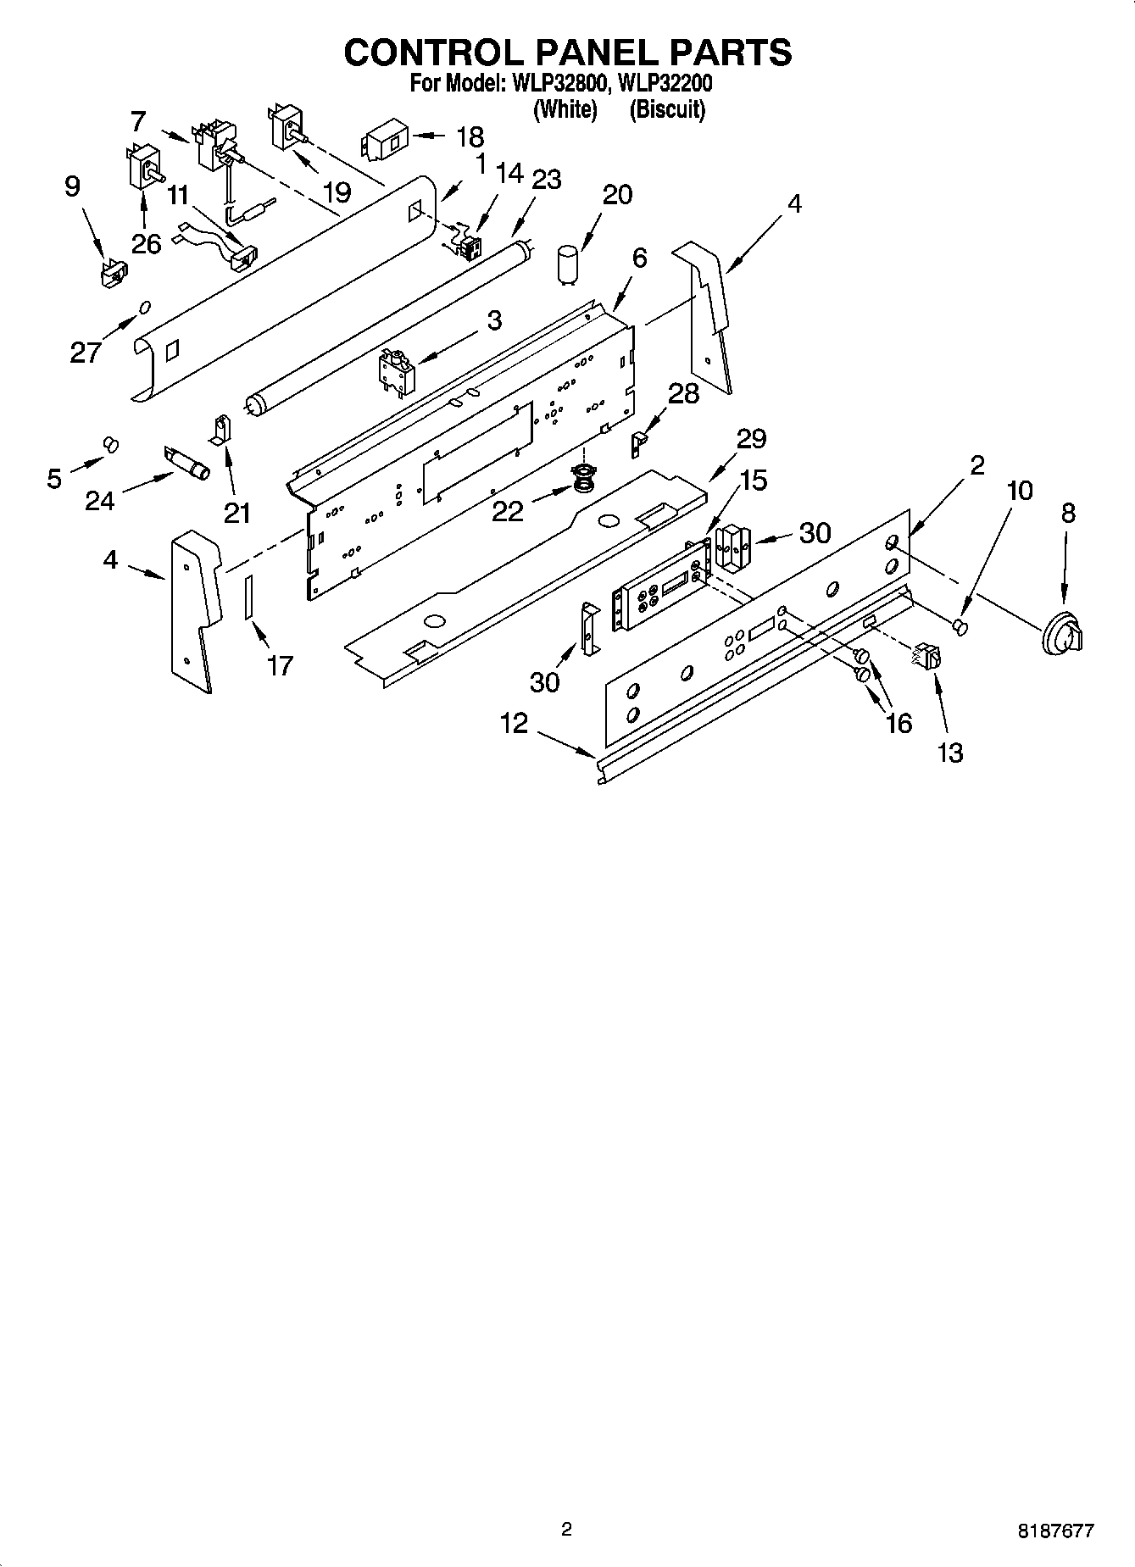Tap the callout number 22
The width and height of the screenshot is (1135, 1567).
pyautogui.click(x=508, y=510)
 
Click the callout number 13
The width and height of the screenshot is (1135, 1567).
pyautogui.click(x=951, y=752)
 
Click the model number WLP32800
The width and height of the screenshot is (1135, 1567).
pyautogui.click(x=559, y=84)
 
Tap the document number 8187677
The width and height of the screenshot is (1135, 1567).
pyautogui.click(x=1055, y=1531)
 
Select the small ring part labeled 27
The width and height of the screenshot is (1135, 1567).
pyautogui.click(x=145, y=306)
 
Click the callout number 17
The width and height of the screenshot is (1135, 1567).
pyautogui.click(x=280, y=665)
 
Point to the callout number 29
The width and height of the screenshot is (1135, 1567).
pyautogui.click(x=751, y=439)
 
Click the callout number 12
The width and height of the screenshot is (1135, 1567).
pyautogui.click(x=514, y=723)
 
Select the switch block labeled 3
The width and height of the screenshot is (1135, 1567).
pyautogui.click(x=395, y=370)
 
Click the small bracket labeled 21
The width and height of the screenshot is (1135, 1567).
pyautogui.click(x=220, y=428)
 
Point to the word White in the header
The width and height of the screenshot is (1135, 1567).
pyautogui.click(x=565, y=109)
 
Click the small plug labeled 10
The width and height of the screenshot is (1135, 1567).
pyautogui.click(x=960, y=626)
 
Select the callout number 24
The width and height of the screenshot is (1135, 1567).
pyautogui.click(x=99, y=501)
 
